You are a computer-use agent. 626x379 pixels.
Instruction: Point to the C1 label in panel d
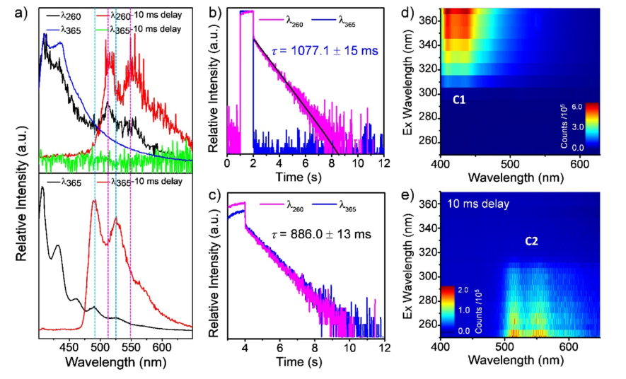click(x=459, y=100)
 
